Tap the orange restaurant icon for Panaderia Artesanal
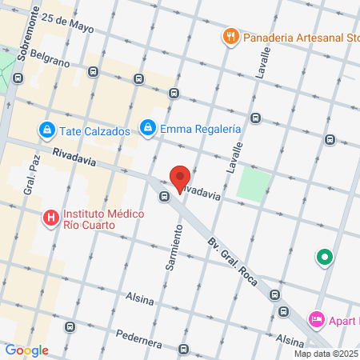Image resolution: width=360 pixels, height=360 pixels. click(230, 36)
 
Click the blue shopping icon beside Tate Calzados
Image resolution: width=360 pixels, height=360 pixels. click(47, 130)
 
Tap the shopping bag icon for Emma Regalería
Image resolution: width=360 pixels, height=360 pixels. click(147, 126)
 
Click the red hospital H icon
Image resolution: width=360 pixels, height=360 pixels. click(50, 217)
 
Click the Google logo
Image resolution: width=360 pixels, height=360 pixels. click(26, 350)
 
